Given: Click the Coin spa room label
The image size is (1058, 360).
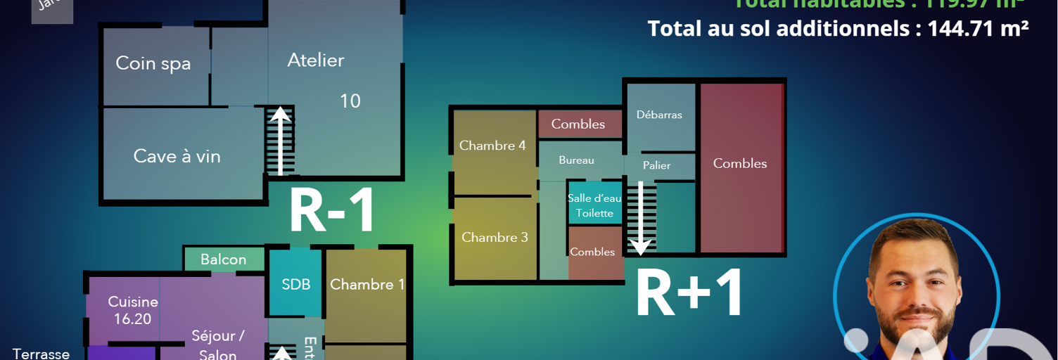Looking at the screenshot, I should click(x=153, y=63).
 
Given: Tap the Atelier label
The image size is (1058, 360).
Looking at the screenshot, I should click(x=316, y=60).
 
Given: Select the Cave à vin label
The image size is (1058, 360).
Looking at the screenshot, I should click(x=177, y=156).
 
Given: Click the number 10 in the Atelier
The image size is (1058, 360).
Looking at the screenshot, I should click(x=350, y=101).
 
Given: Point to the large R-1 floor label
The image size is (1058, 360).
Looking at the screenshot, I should click(x=332, y=212).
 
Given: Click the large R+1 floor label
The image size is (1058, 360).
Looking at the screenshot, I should click(x=689, y=294).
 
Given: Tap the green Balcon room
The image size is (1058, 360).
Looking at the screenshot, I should click(x=224, y=259).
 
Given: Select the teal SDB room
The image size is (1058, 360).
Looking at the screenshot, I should click(x=296, y=284).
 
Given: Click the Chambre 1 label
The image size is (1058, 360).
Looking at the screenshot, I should click(x=367, y=284).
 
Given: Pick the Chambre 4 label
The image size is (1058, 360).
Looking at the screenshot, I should click(x=492, y=146).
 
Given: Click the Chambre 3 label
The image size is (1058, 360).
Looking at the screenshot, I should click(x=495, y=238).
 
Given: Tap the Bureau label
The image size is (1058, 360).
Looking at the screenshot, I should click(x=576, y=160).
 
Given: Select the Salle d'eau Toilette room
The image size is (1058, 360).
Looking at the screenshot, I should click(x=594, y=205).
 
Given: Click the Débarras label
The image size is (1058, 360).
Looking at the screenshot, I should click(x=659, y=115).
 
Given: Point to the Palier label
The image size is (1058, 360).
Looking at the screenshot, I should click(x=657, y=166).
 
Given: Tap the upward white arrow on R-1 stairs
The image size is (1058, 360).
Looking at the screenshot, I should click(x=281, y=140).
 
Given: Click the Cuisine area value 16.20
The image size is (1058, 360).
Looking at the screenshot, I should click(x=132, y=319).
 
